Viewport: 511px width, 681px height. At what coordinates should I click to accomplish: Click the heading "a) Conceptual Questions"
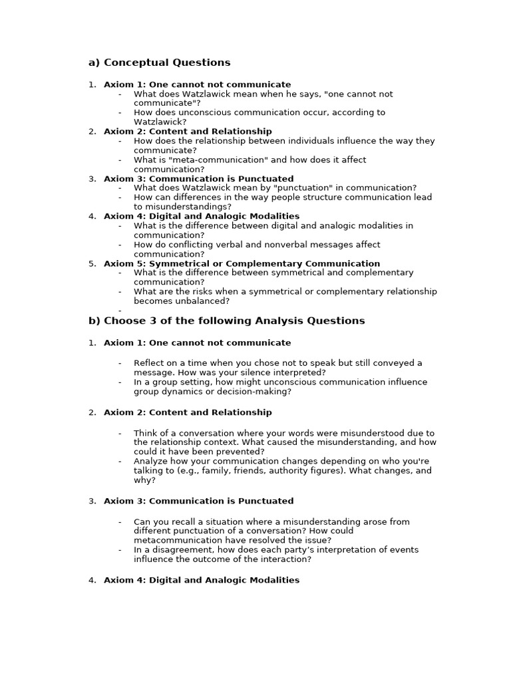click(160, 63)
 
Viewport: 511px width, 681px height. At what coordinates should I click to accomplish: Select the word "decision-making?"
click(258, 392)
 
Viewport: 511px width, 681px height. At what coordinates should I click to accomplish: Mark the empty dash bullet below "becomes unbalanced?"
click(120, 310)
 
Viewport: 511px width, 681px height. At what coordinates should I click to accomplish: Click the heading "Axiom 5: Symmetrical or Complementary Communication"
click(242, 263)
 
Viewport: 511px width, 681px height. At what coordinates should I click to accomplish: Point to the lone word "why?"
click(144, 479)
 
